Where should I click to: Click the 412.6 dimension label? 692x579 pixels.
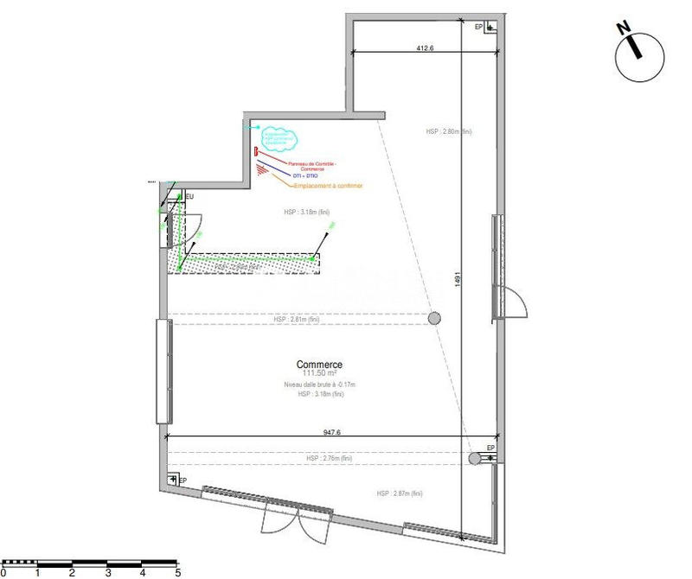tap(424, 49)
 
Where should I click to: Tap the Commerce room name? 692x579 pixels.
tap(319, 365)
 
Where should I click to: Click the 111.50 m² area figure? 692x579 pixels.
tap(319, 374)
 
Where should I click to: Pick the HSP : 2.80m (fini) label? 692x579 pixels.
tap(448, 132)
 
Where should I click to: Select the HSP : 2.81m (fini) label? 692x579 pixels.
tap(296, 319)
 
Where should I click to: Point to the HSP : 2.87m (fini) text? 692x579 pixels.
tap(400, 493)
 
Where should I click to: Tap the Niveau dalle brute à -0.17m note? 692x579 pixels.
tap(319, 385)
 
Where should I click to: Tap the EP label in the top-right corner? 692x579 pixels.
tap(478, 27)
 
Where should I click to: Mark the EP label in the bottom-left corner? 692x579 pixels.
tap(183, 480)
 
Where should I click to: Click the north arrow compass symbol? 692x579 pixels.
tap(638, 54)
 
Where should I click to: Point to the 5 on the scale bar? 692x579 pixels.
tap(177, 571)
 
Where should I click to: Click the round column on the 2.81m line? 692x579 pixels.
tap(434, 319)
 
